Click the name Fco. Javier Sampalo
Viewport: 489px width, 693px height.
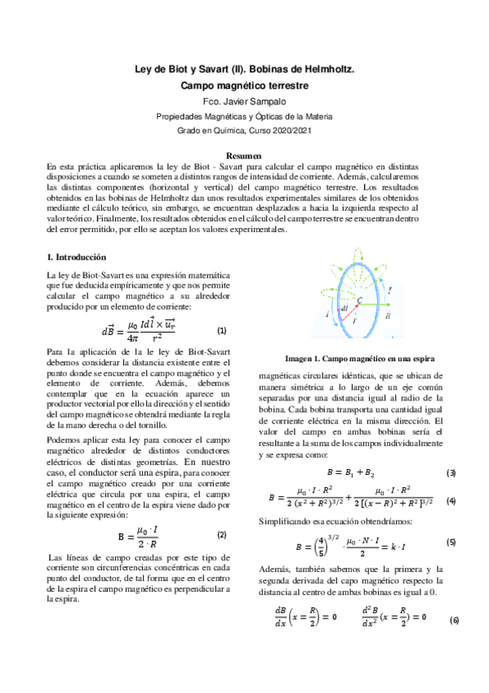point(244,101)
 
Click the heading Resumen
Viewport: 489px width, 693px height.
point(244,155)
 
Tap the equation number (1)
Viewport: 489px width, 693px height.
point(221,331)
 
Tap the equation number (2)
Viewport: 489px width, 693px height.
point(221,534)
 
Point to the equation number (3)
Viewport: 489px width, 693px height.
point(451,473)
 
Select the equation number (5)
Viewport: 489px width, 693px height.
point(451,542)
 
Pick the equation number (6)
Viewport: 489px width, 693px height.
point(454,620)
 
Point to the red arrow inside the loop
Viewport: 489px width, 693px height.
point(343,315)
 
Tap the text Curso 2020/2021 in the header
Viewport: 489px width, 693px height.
point(279,131)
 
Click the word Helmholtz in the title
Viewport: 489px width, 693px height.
point(323,70)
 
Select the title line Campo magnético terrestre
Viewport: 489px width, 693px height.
point(244,85)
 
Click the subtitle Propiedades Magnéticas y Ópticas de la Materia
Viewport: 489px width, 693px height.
point(244,116)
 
